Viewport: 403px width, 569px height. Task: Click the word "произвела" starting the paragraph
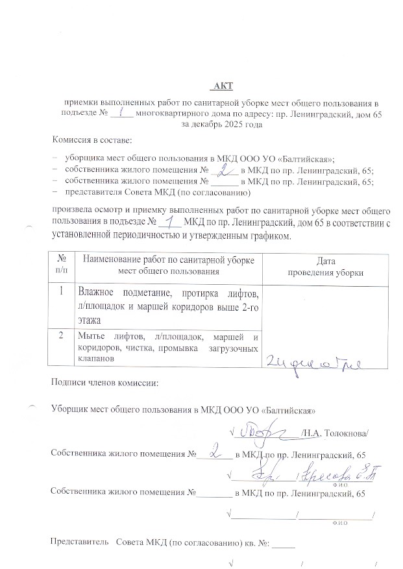pos(73,211)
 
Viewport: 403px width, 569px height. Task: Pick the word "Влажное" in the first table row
pos(98,291)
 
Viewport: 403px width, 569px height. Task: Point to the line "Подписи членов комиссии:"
pos(104,382)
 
